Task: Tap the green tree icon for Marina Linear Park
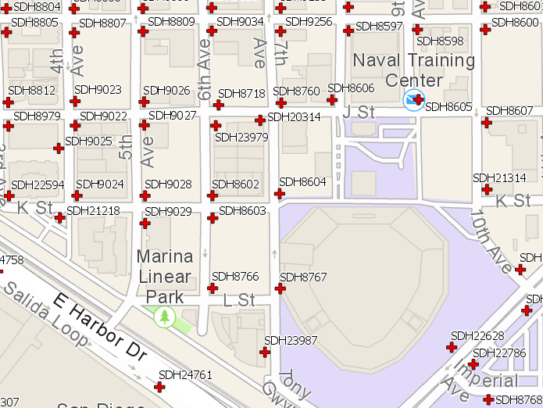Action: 164,317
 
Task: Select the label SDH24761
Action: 185,375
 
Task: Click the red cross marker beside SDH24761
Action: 160,387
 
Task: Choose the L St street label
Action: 239,300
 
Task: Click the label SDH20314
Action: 294,117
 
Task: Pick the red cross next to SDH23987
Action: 265,353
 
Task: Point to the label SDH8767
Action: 303,277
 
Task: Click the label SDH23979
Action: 241,138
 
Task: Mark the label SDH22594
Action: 38,184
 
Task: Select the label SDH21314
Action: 499,178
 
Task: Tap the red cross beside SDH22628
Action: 452,347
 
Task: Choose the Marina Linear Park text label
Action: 164,277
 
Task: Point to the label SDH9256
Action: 309,21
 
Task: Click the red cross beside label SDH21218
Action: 59,217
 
